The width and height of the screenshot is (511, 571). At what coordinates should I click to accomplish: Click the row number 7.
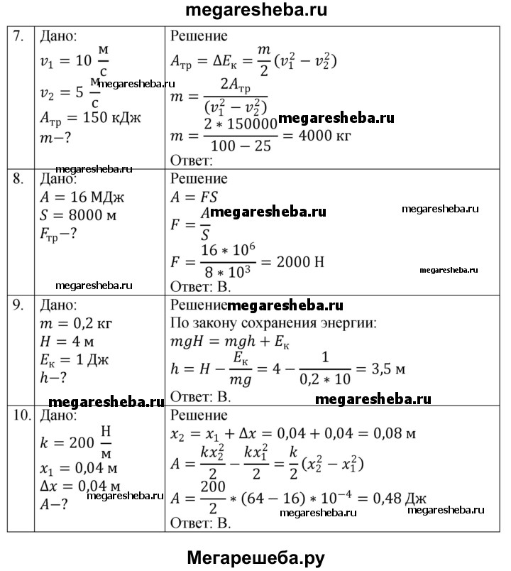coord(19,36)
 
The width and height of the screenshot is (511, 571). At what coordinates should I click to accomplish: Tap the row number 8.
coord(19,178)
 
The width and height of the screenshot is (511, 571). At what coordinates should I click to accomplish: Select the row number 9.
coord(19,305)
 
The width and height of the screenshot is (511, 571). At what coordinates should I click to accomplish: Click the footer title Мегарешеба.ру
coord(255,556)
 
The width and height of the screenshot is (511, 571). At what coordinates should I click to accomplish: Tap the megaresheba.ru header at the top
coord(255,11)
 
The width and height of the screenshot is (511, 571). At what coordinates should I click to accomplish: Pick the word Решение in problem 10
coord(199,415)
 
